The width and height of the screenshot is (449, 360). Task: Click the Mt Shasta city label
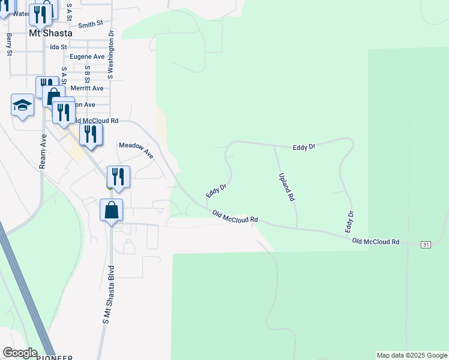[x=50, y=34]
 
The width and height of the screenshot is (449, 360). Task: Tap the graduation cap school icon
[x=23, y=105]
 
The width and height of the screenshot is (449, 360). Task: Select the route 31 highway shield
[x=426, y=245]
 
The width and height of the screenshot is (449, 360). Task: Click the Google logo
[x=20, y=353]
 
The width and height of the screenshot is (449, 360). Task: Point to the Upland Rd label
[x=286, y=187]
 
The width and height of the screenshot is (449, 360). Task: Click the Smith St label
[x=91, y=25]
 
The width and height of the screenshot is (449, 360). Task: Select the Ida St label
[x=58, y=46]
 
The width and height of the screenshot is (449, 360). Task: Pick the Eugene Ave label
[x=87, y=56]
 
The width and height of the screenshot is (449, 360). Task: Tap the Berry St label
[x=10, y=44]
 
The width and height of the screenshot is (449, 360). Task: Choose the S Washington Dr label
[x=111, y=56]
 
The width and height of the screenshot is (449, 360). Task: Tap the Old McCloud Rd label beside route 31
[x=376, y=241]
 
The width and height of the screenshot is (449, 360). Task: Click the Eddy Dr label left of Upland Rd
[x=216, y=191]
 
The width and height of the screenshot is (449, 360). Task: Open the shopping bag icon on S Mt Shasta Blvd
[x=111, y=211]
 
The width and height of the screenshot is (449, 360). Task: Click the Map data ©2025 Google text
[x=412, y=355]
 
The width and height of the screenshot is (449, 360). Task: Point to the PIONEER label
[x=55, y=358]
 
